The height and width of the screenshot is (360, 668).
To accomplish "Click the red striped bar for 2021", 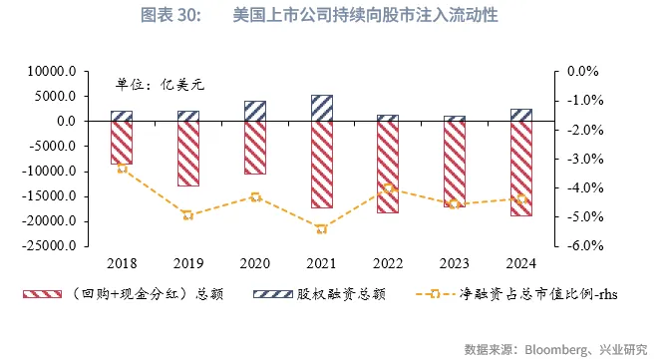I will (x=321, y=165).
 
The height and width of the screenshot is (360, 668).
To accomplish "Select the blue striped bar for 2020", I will (x=254, y=111).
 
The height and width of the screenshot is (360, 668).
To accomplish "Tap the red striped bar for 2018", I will (x=122, y=143).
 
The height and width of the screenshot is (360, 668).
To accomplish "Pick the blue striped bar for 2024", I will (x=521, y=115).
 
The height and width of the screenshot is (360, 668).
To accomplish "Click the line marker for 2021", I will (x=321, y=228).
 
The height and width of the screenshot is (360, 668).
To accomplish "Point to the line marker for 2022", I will (x=389, y=188).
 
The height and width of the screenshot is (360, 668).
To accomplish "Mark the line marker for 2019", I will (x=187, y=214).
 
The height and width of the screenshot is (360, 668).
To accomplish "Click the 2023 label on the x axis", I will (x=455, y=262).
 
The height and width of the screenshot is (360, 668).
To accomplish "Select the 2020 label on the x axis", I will (x=254, y=262).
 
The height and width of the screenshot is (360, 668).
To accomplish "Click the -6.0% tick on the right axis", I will (x=581, y=245).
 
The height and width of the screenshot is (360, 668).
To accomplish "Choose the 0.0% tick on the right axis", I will (x=582, y=72).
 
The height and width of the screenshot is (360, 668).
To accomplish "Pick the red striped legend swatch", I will (x=42, y=295).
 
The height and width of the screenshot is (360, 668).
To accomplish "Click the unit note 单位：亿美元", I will (x=160, y=84).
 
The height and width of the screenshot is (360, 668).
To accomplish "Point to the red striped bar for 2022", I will (x=389, y=167).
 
